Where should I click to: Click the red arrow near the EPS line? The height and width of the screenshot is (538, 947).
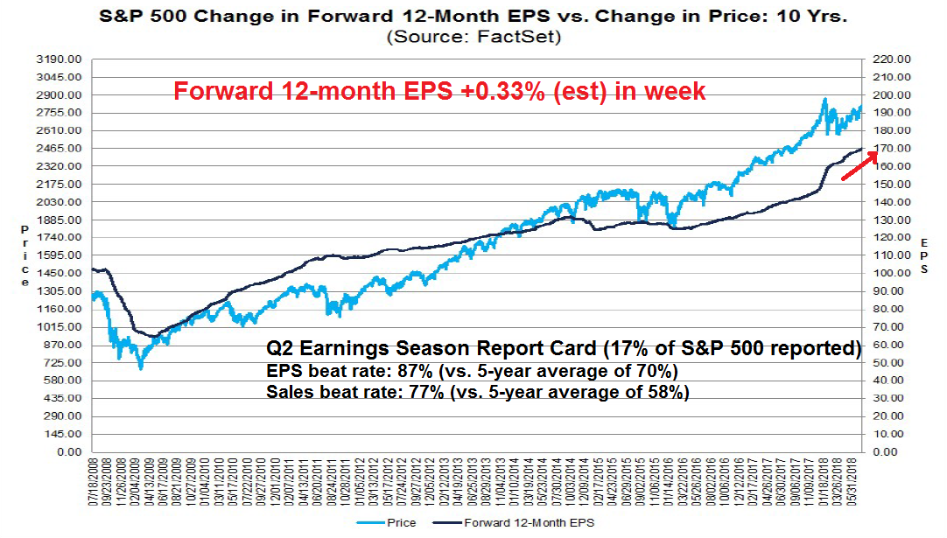859,166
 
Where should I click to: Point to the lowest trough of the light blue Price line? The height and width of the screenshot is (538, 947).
140,368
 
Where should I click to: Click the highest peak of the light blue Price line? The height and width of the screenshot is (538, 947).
824,100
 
